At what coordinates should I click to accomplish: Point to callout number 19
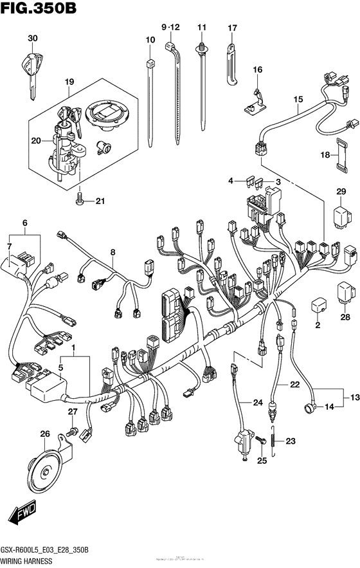pos(69,82)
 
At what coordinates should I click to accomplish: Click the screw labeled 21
pos(79,200)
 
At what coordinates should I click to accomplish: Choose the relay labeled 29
pos(340,217)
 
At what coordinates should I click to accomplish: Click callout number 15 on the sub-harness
pos(298,99)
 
